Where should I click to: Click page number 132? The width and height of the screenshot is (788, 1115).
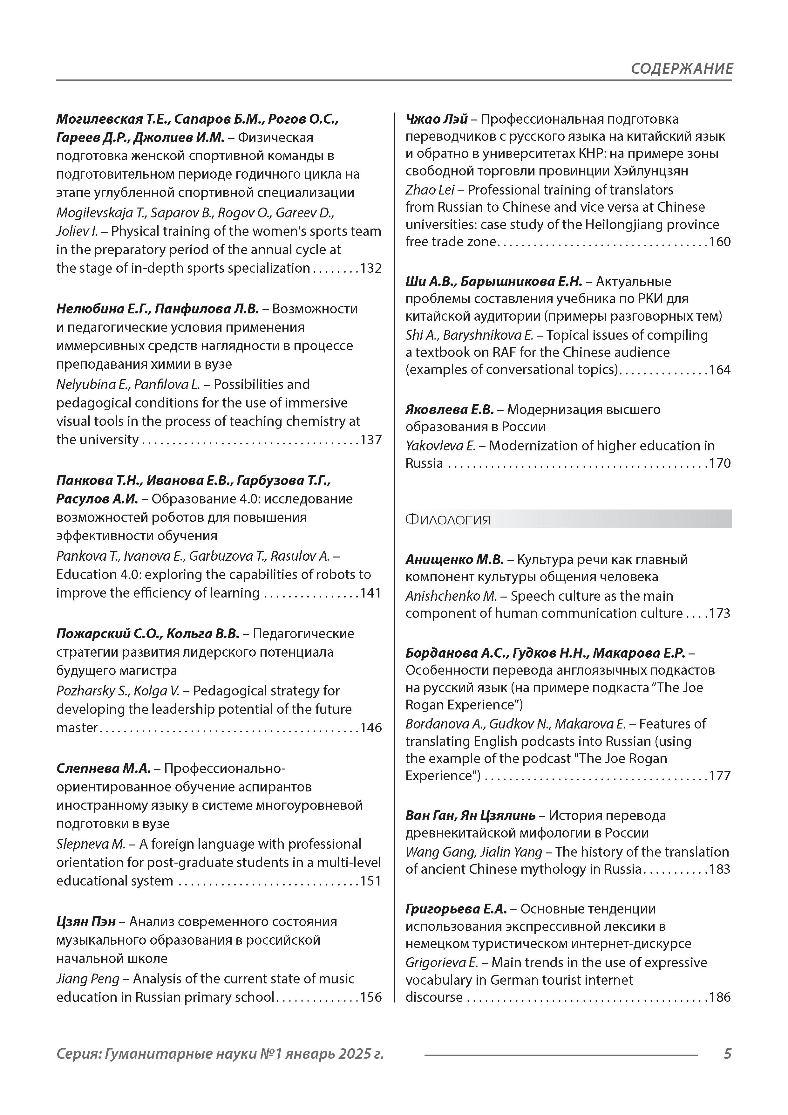pyautogui.click(x=370, y=269)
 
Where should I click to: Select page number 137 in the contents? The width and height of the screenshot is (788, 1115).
pyautogui.click(x=370, y=440)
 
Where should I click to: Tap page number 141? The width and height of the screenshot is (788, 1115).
pyautogui.click(x=370, y=593)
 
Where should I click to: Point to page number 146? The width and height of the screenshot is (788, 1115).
pyautogui.click(x=370, y=728)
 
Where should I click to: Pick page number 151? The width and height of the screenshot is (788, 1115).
pyautogui.click(x=370, y=881)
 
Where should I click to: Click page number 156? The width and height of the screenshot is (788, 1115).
pyautogui.click(x=370, y=997)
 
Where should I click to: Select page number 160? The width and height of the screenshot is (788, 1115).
pyautogui.click(x=720, y=242)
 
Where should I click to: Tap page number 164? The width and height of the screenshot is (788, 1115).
pyautogui.click(x=720, y=370)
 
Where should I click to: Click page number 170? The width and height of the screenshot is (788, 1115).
pyautogui.click(x=720, y=463)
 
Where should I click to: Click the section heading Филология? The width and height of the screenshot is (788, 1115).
pyautogui.click(x=448, y=520)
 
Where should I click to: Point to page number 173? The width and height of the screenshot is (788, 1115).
pyautogui.click(x=720, y=613)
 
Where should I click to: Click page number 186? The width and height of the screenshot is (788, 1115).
pyautogui.click(x=720, y=997)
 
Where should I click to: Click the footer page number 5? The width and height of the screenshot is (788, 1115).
pyautogui.click(x=727, y=1054)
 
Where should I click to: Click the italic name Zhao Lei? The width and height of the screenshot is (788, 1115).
pyautogui.click(x=430, y=190)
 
